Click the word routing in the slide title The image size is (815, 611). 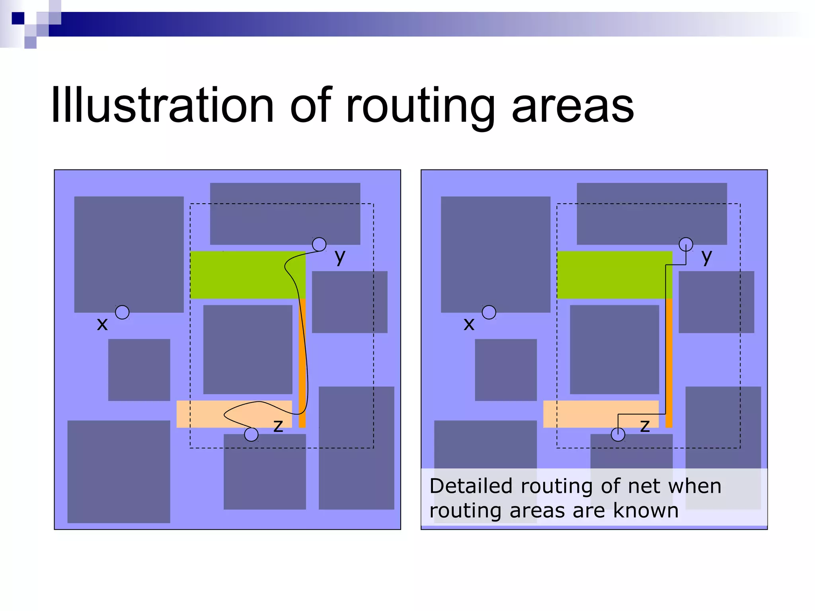(x=420, y=107)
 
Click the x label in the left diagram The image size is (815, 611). (x=102, y=324)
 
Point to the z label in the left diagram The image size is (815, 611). (x=278, y=426)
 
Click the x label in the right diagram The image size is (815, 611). (x=469, y=324)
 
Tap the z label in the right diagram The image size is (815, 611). (x=645, y=426)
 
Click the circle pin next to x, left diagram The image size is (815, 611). (x=122, y=312)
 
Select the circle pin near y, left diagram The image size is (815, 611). (x=319, y=244)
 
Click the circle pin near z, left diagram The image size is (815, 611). (x=251, y=434)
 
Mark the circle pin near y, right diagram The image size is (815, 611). (x=686, y=244)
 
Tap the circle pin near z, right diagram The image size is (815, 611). (x=618, y=434)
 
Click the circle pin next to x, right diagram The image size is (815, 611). (x=489, y=312)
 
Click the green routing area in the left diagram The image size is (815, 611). (x=239, y=275)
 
